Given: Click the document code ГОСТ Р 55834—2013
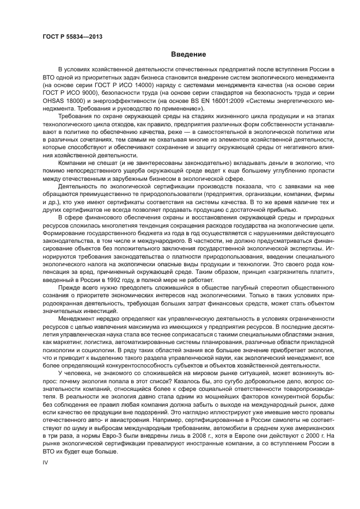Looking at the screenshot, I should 72,36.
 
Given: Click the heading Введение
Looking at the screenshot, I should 188,55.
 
